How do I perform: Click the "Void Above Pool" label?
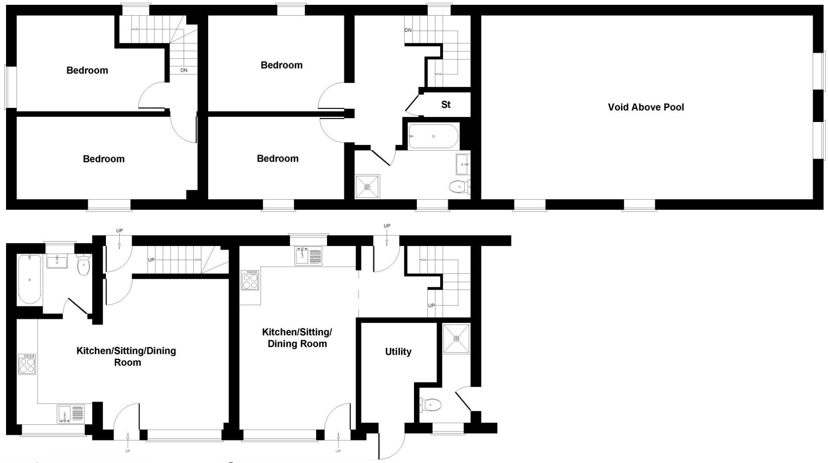click(x=646, y=107)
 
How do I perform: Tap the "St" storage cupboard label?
click(x=446, y=105)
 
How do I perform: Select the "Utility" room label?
click(x=398, y=351)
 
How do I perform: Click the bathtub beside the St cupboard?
click(x=433, y=137)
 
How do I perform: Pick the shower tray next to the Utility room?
click(x=456, y=338)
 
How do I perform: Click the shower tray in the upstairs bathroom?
click(x=367, y=187)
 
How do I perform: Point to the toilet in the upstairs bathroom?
click(x=459, y=187)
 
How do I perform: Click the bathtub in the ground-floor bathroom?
click(x=30, y=279)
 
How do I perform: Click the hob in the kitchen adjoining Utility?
click(x=250, y=280)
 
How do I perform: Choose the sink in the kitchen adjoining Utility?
click(x=308, y=255)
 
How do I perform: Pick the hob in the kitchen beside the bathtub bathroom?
click(x=27, y=364)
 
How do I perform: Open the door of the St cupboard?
click(x=412, y=103)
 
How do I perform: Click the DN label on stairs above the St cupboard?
click(x=408, y=30)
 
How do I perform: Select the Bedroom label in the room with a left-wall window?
click(x=87, y=70)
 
